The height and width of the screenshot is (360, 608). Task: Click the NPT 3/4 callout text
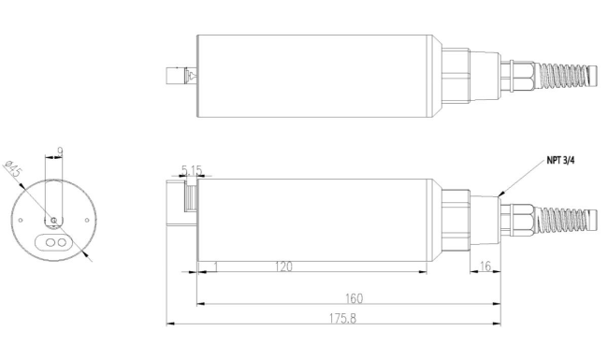pyautogui.click(x=560, y=161)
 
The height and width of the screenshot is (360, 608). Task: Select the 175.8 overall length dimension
pyautogui.click(x=342, y=319)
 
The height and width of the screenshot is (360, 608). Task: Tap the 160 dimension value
pyautogui.click(x=354, y=299)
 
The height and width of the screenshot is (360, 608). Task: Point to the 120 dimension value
pyautogui.click(x=283, y=266)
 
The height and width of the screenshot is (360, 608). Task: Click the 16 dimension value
pyautogui.click(x=485, y=266)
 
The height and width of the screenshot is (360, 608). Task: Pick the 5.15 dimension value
pyautogui.click(x=192, y=170)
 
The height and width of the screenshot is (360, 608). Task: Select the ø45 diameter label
pyautogui.click(x=13, y=167)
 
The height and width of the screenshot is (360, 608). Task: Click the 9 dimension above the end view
pyautogui.click(x=60, y=151)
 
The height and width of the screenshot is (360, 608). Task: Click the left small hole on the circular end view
pyautogui.click(x=21, y=220)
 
